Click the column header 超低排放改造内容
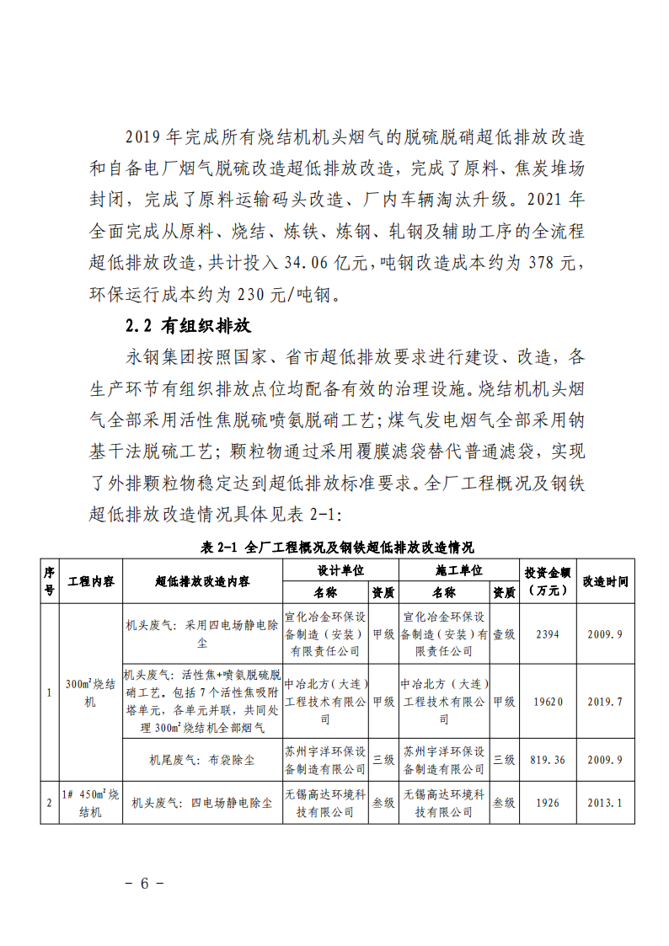pyautogui.click(x=202, y=581)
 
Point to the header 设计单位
pyautogui.click(x=340, y=570)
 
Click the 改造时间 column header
pyautogui.click(x=605, y=581)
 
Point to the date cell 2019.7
pyautogui.click(x=605, y=702)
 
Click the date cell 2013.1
pyautogui.click(x=605, y=803)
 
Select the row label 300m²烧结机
pyautogui.click(x=91, y=693)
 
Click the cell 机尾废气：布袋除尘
pyautogui.click(x=202, y=759)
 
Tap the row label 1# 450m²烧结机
pyautogui.click(x=91, y=803)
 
